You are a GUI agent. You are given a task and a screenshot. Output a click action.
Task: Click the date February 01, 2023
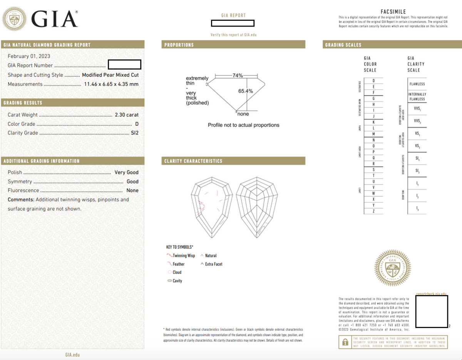click(29, 56)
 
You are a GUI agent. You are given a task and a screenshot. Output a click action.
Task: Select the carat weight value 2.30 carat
click(127, 115)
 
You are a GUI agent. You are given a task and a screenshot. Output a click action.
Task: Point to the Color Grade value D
click(137, 124)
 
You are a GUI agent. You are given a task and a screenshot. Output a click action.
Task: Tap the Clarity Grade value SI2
click(134, 133)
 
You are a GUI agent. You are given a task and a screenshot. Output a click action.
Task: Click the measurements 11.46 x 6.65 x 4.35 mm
click(111, 84)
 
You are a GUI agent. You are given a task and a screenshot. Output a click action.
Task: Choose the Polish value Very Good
click(126, 172)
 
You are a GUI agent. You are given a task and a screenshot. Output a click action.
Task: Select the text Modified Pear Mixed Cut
click(110, 75)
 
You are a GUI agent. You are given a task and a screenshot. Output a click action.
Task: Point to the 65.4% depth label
click(246, 91)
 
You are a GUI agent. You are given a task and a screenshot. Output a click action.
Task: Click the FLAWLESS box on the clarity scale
click(417, 84)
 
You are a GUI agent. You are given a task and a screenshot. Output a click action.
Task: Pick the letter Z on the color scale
click(373, 211)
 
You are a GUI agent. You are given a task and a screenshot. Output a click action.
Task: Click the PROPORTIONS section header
click(179, 45)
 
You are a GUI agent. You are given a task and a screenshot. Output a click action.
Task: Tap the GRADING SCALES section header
click(343, 45)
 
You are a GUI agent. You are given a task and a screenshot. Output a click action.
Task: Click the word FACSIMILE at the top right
click(393, 12)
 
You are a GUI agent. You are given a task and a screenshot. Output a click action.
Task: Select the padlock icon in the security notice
click(345, 342)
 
